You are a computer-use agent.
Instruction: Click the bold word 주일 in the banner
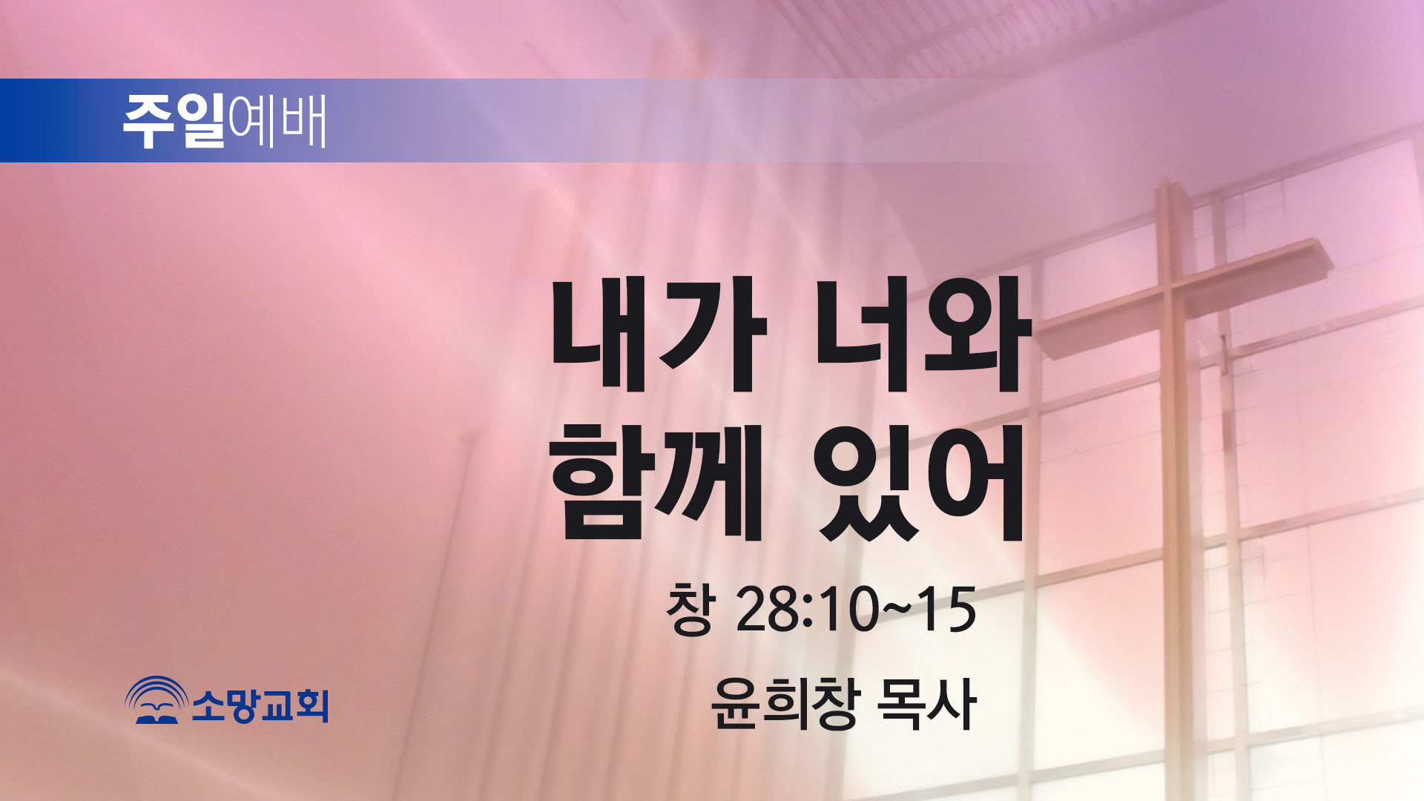(174, 121)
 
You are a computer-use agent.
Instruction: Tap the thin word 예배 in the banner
(277, 121)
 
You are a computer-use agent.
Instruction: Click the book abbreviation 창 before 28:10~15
(690, 609)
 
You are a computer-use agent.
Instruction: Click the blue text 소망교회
(260, 704)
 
